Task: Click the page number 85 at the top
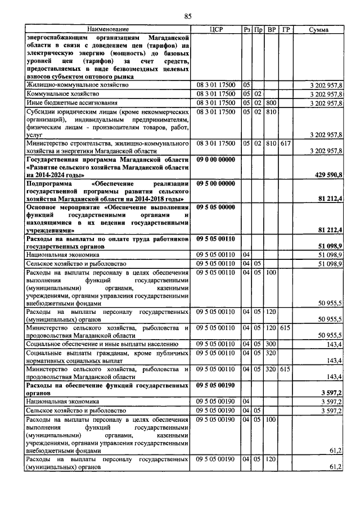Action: pyautogui.click(x=188, y=15)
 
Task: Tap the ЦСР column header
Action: pyautogui.click(x=216, y=29)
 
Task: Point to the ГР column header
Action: pyautogui.click(x=286, y=29)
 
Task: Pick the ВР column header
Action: pyautogui.click(x=272, y=29)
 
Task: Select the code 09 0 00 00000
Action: pyautogui.click(x=215, y=160)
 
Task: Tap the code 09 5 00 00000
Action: pyautogui.click(x=215, y=184)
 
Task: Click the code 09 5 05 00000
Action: pyautogui.click(x=215, y=208)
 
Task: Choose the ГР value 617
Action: pyautogui.click(x=286, y=144)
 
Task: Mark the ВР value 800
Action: pyautogui.click(x=272, y=103)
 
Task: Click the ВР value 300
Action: pyautogui.click(x=272, y=343)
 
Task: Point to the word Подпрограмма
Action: pyautogui.click(x=51, y=184)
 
